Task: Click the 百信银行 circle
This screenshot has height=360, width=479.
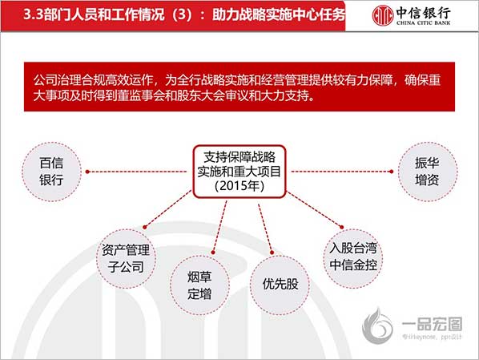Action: tap(51, 172)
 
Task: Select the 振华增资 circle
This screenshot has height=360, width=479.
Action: tap(428, 172)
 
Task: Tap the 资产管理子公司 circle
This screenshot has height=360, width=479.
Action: tap(127, 259)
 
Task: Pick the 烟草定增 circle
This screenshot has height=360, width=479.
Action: tap(199, 285)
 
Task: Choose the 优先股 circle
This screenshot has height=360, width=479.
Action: tap(280, 285)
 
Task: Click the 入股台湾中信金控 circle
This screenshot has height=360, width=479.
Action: tap(353, 259)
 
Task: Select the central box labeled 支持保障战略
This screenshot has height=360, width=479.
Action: tap(239, 172)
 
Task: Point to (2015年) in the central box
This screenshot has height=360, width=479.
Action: tap(239, 186)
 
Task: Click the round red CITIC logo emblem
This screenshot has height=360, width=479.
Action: tap(382, 15)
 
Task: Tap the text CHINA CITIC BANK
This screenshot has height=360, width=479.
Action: tap(424, 22)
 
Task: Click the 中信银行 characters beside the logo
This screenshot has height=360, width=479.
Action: tap(424, 12)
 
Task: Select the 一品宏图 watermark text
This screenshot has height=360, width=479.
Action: tap(433, 324)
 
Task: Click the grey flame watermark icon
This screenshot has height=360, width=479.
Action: tap(377, 326)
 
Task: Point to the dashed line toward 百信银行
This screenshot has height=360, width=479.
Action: tap(136, 172)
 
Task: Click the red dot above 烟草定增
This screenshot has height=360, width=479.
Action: tap(213, 253)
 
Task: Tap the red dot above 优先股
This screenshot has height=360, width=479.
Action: tap(272, 253)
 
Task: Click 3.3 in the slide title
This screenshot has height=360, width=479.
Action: tap(33, 14)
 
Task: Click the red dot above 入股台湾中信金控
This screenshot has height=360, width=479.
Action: tap(341, 227)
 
